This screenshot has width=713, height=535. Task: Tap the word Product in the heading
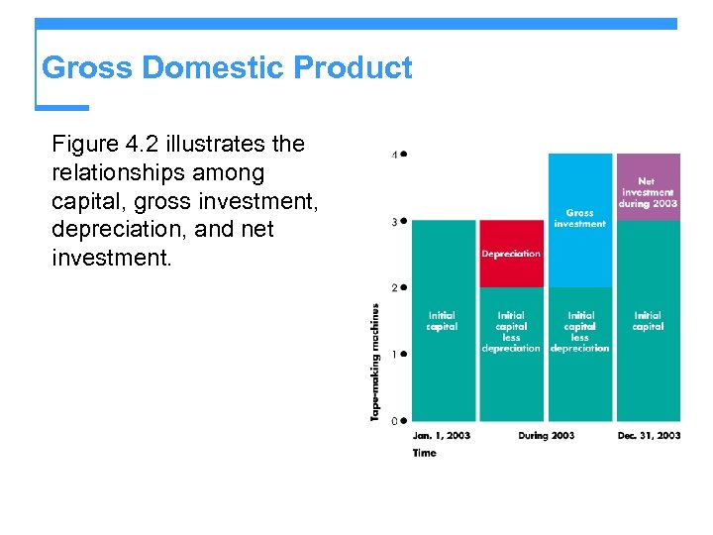pos(354,68)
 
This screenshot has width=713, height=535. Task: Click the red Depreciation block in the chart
pos(511,254)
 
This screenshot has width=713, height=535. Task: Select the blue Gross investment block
pos(579,219)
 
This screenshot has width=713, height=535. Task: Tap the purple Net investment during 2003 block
pos(648,187)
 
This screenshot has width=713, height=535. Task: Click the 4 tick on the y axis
pos(395,156)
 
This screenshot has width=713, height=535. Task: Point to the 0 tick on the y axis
pos(395,421)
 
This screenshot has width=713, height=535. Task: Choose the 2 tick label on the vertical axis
pos(395,288)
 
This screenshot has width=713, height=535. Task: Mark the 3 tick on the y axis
pos(395,222)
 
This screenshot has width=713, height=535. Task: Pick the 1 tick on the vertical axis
pos(395,355)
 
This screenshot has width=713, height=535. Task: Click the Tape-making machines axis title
pos(375,363)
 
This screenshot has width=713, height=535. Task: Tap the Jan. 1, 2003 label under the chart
pos(442,436)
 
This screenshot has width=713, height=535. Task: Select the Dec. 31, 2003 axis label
pos(649,436)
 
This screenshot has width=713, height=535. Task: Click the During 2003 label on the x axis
pos(546,436)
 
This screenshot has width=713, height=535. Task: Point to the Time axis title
pos(424,454)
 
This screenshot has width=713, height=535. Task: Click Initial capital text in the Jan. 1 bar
pos(442,321)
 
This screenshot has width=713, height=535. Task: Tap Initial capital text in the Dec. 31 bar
pos(648,321)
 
